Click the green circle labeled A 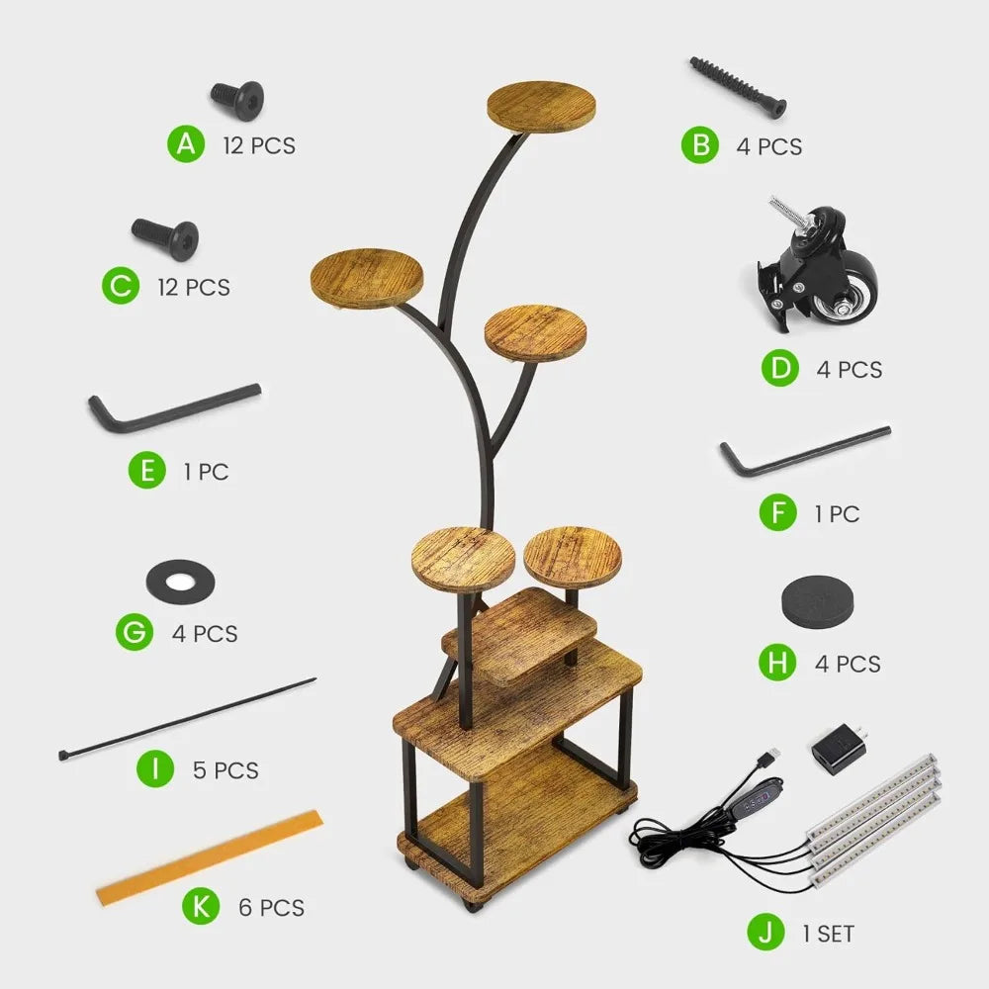tap(186, 144)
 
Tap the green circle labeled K tap(201, 906)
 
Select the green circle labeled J tap(765, 933)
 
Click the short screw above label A tap(237, 100)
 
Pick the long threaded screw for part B tap(738, 87)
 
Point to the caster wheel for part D tap(818, 265)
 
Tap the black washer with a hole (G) tap(180, 582)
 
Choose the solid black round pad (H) tap(818, 599)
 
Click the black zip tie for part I tap(187, 719)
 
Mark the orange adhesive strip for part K tap(210, 857)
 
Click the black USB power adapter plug tap(839, 749)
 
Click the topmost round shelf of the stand tap(541, 106)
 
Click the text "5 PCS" tap(225, 770)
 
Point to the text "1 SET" tap(828, 934)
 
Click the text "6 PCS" tap(272, 908)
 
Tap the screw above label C tap(165, 239)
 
